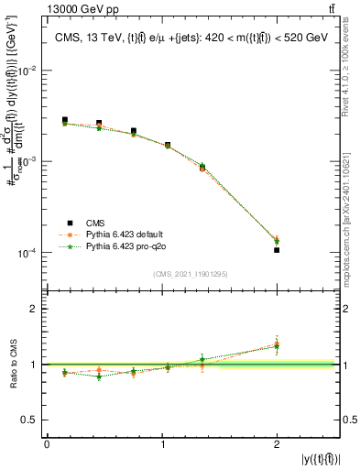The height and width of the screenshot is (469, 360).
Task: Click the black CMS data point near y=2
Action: pyautogui.click(x=277, y=250)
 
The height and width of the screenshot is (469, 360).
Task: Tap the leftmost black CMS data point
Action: pyautogui.click(x=65, y=120)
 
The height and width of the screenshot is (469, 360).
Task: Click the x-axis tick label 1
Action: pyautogui.click(x=162, y=443)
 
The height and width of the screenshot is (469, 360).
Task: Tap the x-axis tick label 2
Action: pyautogui.click(x=277, y=443)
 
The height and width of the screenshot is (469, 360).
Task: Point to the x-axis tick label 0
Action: pyautogui.click(x=47, y=443)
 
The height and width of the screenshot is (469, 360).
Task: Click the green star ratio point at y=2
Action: pyautogui.click(x=277, y=346)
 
